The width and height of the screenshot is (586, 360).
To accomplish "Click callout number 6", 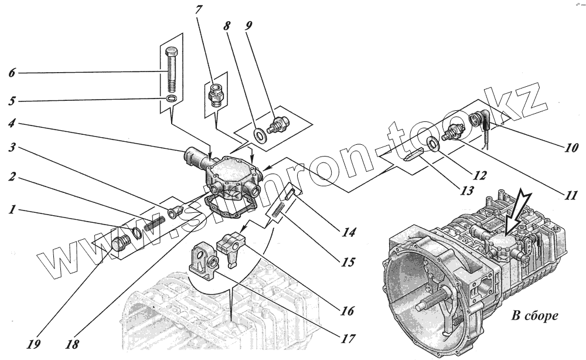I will (x=12, y=73).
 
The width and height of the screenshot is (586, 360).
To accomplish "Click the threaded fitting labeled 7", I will (x=216, y=94).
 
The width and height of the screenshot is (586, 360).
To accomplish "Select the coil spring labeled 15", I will (x=278, y=209).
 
